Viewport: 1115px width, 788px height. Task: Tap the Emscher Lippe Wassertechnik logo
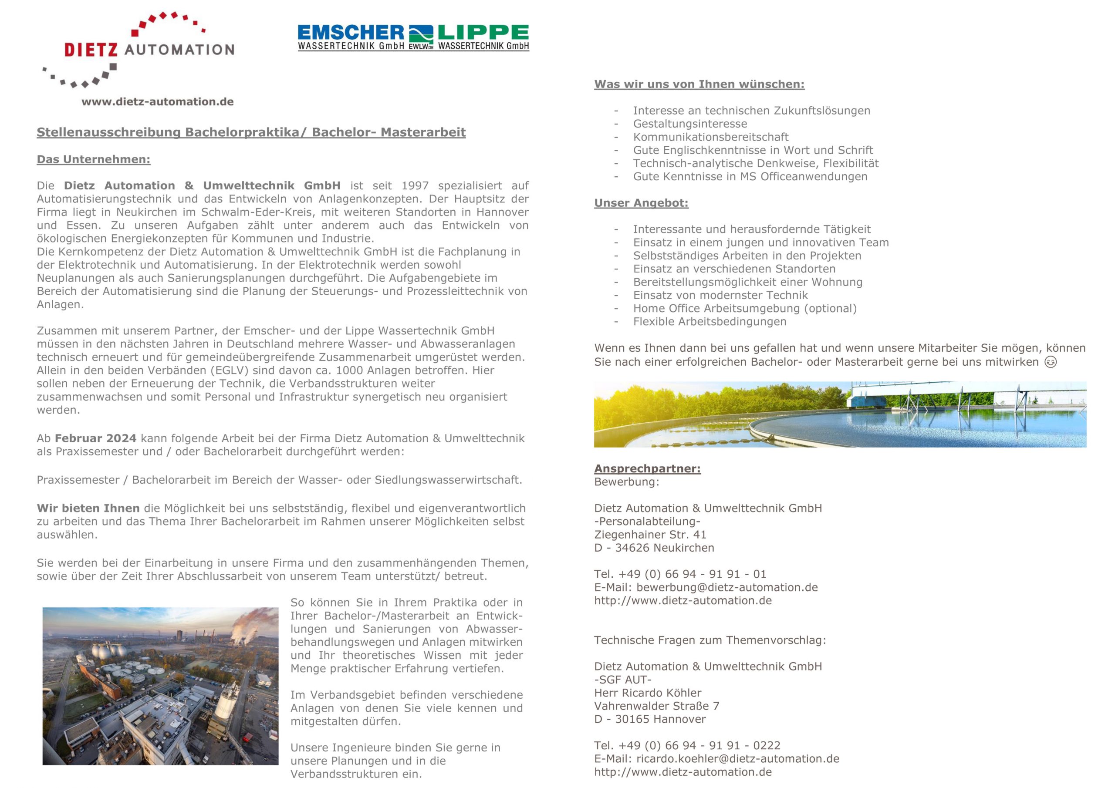pyautogui.click(x=413, y=38)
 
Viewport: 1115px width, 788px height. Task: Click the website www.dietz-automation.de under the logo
pyautogui.click(x=157, y=102)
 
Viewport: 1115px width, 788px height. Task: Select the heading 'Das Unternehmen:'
pyautogui.click(x=93, y=160)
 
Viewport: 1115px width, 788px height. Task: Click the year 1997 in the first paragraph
pyautogui.click(x=415, y=186)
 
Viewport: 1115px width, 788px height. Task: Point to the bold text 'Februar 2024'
pyautogui.click(x=95, y=438)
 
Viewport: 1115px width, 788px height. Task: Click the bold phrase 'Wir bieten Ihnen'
pyautogui.click(x=88, y=508)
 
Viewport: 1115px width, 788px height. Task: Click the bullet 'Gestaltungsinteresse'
pyautogui.click(x=689, y=124)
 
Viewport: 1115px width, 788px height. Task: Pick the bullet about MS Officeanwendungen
pyautogui.click(x=750, y=177)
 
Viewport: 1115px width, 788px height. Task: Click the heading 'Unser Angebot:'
pyautogui.click(x=641, y=203)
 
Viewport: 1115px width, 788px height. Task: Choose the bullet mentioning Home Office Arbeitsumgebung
pyautogui.click(x=744, y=308)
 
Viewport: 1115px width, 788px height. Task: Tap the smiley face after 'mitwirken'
pyautogui.click(x=1050, y=362)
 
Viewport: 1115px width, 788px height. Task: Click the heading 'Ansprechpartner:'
pyautogui.click(x=647, y=468)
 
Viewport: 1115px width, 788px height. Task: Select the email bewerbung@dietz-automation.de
pyautogui.click(x=727, y=587)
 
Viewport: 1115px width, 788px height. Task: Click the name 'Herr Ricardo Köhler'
pyautogui.click(x=647, y=693)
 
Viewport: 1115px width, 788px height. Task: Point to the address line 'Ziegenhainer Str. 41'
pyautogui.click(x=650, y=535)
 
